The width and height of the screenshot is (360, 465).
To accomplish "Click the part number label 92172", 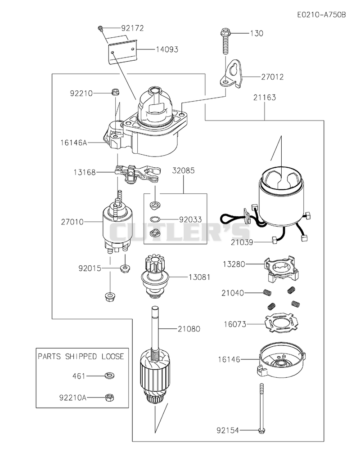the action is [x=132, y=28].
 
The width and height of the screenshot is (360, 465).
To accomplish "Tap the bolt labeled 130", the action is [x=225, y=41].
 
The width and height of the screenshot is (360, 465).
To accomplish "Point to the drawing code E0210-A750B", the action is [x=322, y=14].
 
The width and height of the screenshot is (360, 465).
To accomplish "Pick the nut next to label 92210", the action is [x=115, y=92].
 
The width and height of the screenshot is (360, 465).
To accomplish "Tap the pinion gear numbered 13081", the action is [x=154, y=277].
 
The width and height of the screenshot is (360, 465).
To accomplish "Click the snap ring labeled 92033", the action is [x=155, y=219].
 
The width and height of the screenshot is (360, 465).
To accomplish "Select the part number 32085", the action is [x=184, y=170].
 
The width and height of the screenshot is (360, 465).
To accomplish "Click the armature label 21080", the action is [x=189, y=329].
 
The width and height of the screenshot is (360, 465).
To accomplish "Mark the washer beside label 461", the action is [x=110, y=376].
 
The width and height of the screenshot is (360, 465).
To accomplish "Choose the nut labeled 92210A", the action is [x=110, y=397].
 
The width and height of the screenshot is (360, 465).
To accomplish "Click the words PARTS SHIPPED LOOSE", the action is [x=81, y=356].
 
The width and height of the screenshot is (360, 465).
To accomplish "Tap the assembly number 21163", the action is [x=265, y=97].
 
